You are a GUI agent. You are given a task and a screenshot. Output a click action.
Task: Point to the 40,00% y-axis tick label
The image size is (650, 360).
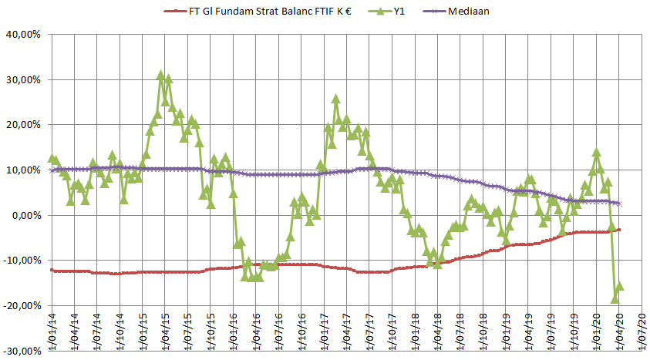[x=23, y=35]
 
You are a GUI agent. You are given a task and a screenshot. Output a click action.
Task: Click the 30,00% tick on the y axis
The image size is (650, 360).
[x=23, y=80]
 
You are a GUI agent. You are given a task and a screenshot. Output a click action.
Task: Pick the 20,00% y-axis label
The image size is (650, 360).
[x=23, y=125]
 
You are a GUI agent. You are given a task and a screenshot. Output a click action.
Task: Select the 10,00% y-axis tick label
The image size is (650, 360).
[x=23, y=170]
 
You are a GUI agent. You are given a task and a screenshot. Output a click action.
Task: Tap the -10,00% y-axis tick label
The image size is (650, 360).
[x=22, y=261]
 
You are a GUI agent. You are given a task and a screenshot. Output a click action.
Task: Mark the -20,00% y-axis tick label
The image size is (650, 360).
[x=22, y=306]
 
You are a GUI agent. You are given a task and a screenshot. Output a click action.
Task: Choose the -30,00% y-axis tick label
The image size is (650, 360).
[x=22, y=351]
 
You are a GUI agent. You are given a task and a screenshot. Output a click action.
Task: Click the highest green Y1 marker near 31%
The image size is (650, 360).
[x=161, y=76]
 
